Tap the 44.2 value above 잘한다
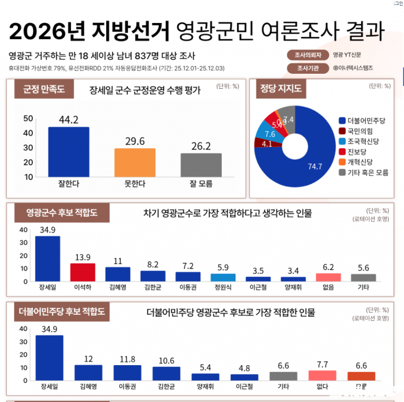coord(68,120)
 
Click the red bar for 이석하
coord(82,272)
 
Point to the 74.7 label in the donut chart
coord(315,167)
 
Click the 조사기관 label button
coord(308,68)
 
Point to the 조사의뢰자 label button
coord(308,56)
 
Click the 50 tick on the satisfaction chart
coord(28,118)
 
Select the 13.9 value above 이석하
coord(82,257)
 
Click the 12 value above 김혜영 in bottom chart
coord(88,359)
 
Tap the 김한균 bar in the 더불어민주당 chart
coord(166,373)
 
